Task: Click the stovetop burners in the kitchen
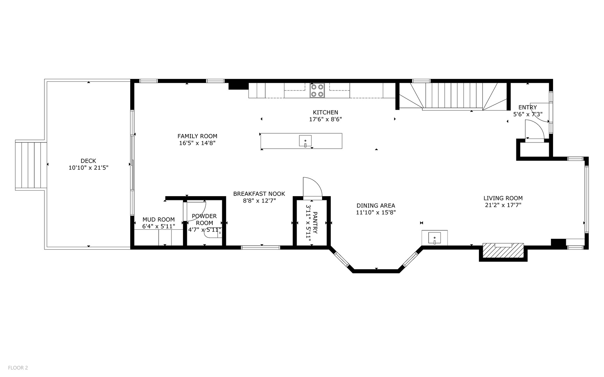point(317,90)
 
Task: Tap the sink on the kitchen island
point(305,141)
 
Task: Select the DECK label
point(88,161)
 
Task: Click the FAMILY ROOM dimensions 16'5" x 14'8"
point(197,143)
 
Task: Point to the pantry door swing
point(312,188)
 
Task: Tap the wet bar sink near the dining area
point(435,238)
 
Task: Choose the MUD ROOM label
point(159,220)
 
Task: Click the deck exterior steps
point(31,165)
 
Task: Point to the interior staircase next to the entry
point(453,96)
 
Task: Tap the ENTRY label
point(527,108)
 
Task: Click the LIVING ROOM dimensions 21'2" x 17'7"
point(503,205)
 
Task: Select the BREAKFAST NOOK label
point(259,194)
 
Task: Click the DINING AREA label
point(376,206)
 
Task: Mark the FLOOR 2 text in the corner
point(18,368)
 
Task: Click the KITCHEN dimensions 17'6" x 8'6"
point(325,119)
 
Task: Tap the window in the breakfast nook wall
point(261,247)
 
